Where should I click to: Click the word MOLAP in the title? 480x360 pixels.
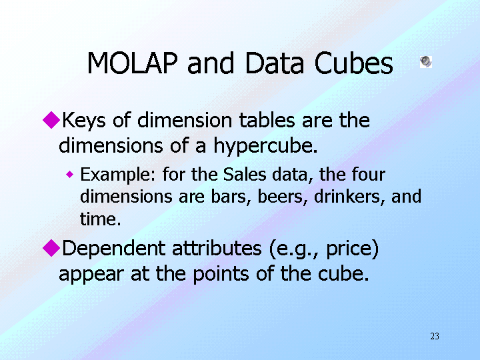coord(132,63)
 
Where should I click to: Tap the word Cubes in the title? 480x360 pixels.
coord(353,63)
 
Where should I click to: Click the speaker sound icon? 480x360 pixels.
coord(426,61)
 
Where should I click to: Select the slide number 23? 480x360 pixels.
coord(435,336)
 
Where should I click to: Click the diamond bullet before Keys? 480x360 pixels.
coord(51,120)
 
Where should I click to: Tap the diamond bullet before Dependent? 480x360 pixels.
coord(51,247)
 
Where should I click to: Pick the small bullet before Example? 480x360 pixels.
coord(70,175)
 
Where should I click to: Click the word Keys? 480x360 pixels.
coord(84,121)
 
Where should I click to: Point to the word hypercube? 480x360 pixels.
coord(265,146)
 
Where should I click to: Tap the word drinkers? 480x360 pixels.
coord(349,197)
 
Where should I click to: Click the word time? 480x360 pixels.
coord(100,219)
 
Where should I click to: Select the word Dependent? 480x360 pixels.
coord(114,248)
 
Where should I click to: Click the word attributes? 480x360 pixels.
coord(217,248)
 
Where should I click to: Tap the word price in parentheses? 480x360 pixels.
coord(349,249)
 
